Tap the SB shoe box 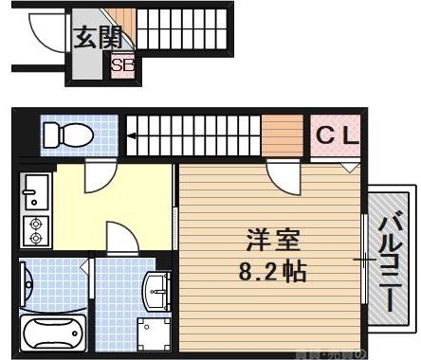[x=122, y=66]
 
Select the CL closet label [x=338, y=135]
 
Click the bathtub [x=51, y=334]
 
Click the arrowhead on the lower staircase [x=133, y=137]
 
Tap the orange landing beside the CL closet [x=282, y=135]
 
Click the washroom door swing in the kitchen [x=119, y=237]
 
